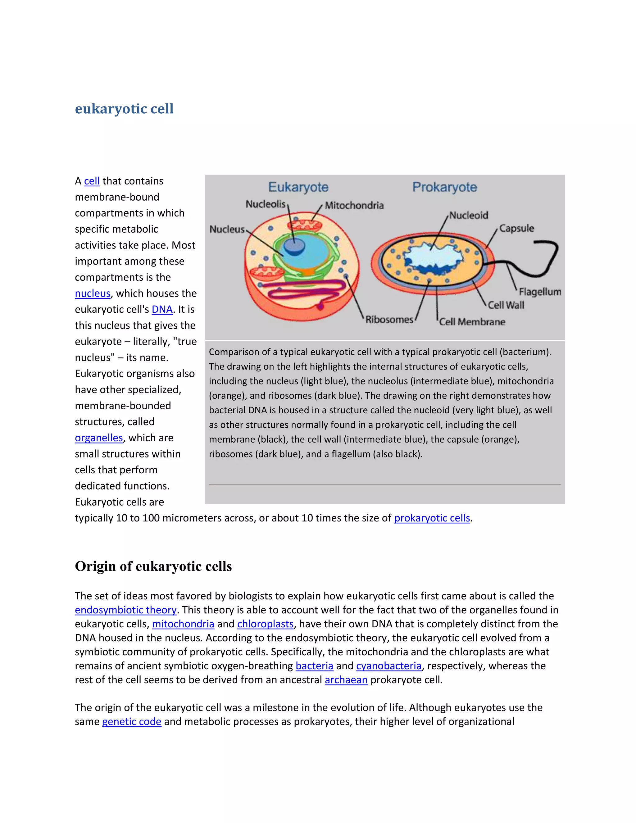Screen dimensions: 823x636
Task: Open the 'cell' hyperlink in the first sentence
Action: pos(92,181)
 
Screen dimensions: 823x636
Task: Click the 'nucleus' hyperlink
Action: pos(92,293)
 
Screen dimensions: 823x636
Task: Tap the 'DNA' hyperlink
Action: pos(162,310)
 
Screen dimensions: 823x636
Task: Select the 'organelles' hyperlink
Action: pos(99,438)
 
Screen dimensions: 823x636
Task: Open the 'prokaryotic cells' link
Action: pos(432,518)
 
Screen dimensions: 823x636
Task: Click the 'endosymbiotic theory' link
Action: pos(125,610)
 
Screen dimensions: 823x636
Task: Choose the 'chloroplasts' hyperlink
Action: pos(265,624)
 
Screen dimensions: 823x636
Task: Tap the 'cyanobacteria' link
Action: pos(388,666)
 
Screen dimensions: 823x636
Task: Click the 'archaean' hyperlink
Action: pos(346,680)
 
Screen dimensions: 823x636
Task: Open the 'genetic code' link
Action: pos(131,722)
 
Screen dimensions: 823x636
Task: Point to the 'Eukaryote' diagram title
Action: pos(298,187)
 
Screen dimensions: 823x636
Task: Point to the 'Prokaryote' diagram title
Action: pos(445,187)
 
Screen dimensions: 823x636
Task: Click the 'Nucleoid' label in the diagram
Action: pos(469,215)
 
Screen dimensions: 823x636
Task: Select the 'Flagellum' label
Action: pos(539,292)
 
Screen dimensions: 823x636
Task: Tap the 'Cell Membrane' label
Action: pos(472,322)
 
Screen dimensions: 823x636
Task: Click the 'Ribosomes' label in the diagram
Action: pos(389,320)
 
